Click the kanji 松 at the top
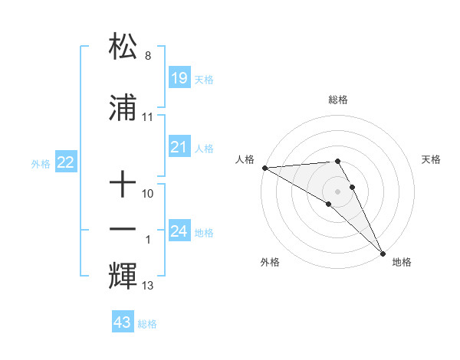pyautogui.click(x=123, y=47)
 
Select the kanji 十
pyautogui.click(x=123, y=185)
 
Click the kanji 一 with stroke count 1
pyautogui.click(x=123, y=230)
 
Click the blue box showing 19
pyautogui.click(x=179, y=78)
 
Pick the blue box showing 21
pyautogui.click(x=179, y=147)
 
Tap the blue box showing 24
pyautogui.click(x=179, y=231)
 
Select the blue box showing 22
pyautogui.click(x=66, y=162)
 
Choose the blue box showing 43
pyautogui.click(x=123, y=322)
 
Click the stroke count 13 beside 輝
pyautogui.click(x=148, y=286)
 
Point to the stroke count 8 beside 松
pyautogui.click(x=148, y=57)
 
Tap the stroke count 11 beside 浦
pyautogui.click(x=148, y=118)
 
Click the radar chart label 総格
pyautogui.click(x=338, y=100)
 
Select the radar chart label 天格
pyautogui.click(x=432, y=159)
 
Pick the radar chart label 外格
pyautogui.click(x=269, y=262)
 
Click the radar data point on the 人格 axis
pyautogui.click(x=264, y=168)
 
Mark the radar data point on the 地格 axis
pyautogui.click(x=383, y=252)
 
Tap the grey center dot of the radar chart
pyautogui.click(x=338, y=191)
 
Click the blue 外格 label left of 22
pyautogui.click(x=41, y=163)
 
